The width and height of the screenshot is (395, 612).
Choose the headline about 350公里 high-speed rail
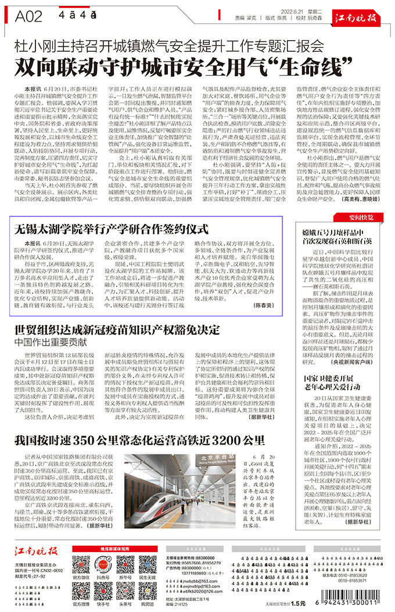pos(135,439)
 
